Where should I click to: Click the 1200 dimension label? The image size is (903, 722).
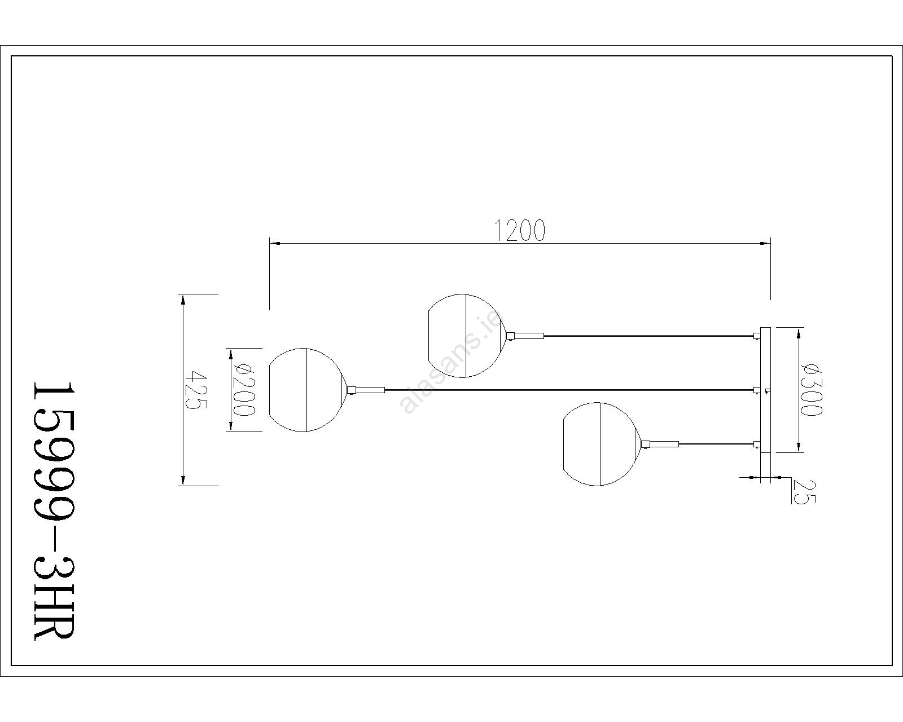(x=520, y=230)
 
